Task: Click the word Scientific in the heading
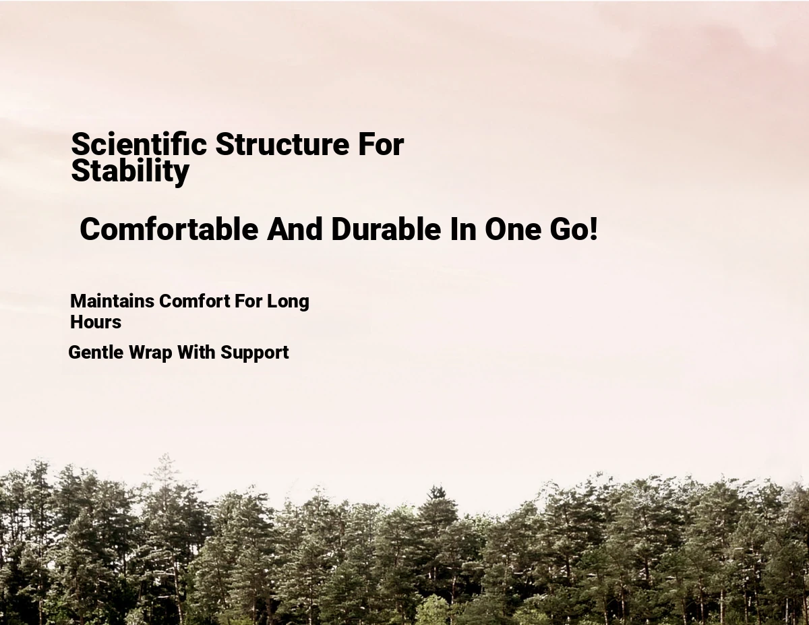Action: (x=139, y=144)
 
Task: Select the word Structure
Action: (x=282, y=144)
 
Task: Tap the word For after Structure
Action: (x=381, y=144)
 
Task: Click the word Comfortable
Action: (x=169, y=229)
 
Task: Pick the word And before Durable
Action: (x=295, y=229)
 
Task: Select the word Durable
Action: (x=386, y=229)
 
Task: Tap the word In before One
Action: (x=462, y=229)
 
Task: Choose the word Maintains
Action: (x=112, y=301)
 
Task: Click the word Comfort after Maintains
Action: (x=195, y=301)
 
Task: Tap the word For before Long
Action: (x=248, y=301)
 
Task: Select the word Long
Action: (x=288, y=302)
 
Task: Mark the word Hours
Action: (x=96, y=322)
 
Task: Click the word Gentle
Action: (x=96, y=352)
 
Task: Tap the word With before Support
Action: (x=196, y=352)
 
